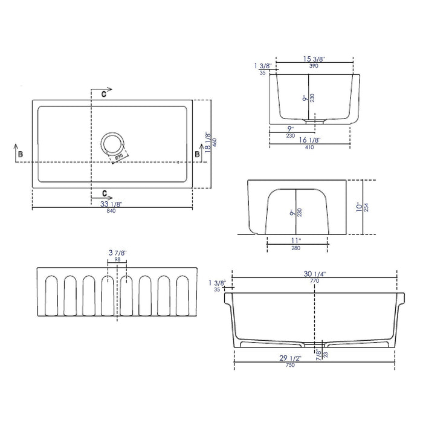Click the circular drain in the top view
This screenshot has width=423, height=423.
coord(112,144)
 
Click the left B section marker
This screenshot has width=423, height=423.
coord(21,155)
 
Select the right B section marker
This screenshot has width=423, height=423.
coord(196,155)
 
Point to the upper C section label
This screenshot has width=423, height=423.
coord(104,95)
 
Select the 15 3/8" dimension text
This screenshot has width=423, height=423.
coord(314,59)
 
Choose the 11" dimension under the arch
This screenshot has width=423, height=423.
coord(296,241)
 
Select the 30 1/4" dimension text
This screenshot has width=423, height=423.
coord(315,273)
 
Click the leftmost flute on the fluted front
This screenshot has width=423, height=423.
coord(50,297)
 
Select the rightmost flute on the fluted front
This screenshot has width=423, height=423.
coord(182,297)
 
